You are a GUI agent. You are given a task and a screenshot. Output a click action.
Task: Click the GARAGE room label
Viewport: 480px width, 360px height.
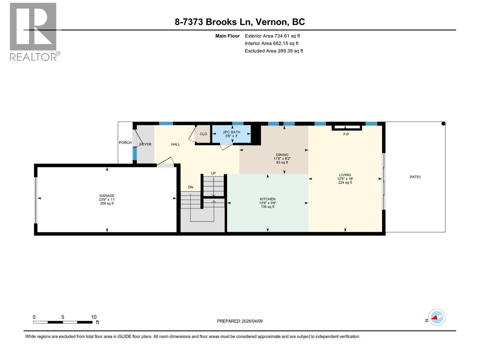coord(107,196)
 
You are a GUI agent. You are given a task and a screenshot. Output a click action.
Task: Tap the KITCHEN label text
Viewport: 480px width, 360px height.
coord(268,199)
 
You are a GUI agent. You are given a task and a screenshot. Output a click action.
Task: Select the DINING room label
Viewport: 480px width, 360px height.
coord(282,155)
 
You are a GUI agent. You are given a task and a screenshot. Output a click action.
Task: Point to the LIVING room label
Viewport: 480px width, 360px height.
coord(345,175)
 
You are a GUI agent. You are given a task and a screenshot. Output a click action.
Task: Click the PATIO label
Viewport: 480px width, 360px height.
coord(415,177)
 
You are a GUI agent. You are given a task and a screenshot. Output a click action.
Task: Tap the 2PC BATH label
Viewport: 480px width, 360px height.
coord(232,132)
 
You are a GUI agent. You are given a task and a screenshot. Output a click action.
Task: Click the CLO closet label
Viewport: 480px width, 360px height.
coord(203,134)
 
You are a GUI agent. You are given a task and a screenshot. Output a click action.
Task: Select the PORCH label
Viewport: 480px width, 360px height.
coord(125,143)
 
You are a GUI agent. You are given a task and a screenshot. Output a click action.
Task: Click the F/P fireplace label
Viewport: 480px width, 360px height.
coord(346,134)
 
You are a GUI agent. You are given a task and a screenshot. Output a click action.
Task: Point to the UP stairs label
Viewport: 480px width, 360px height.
coord(213,173)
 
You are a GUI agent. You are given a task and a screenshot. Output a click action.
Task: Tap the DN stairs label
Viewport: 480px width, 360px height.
coord(190,187)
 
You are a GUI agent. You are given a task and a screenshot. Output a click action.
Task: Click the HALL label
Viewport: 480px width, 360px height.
coord(175,144)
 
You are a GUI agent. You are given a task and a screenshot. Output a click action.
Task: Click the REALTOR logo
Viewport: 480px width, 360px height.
coord(34,31)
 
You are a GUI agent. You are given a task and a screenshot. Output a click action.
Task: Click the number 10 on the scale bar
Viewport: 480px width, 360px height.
coord(94,317)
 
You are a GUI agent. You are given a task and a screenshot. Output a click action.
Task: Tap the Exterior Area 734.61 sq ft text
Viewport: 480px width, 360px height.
coord(272,36)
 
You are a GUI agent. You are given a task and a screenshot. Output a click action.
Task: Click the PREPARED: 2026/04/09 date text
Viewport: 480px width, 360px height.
coord(240,321)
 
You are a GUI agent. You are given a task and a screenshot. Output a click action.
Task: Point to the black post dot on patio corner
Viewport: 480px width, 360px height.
coord(443,124)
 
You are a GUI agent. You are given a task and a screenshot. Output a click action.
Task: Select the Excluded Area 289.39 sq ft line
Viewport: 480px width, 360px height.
coord(274,51)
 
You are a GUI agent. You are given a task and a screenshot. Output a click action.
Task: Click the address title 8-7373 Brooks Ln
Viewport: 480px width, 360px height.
coord(240,22)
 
